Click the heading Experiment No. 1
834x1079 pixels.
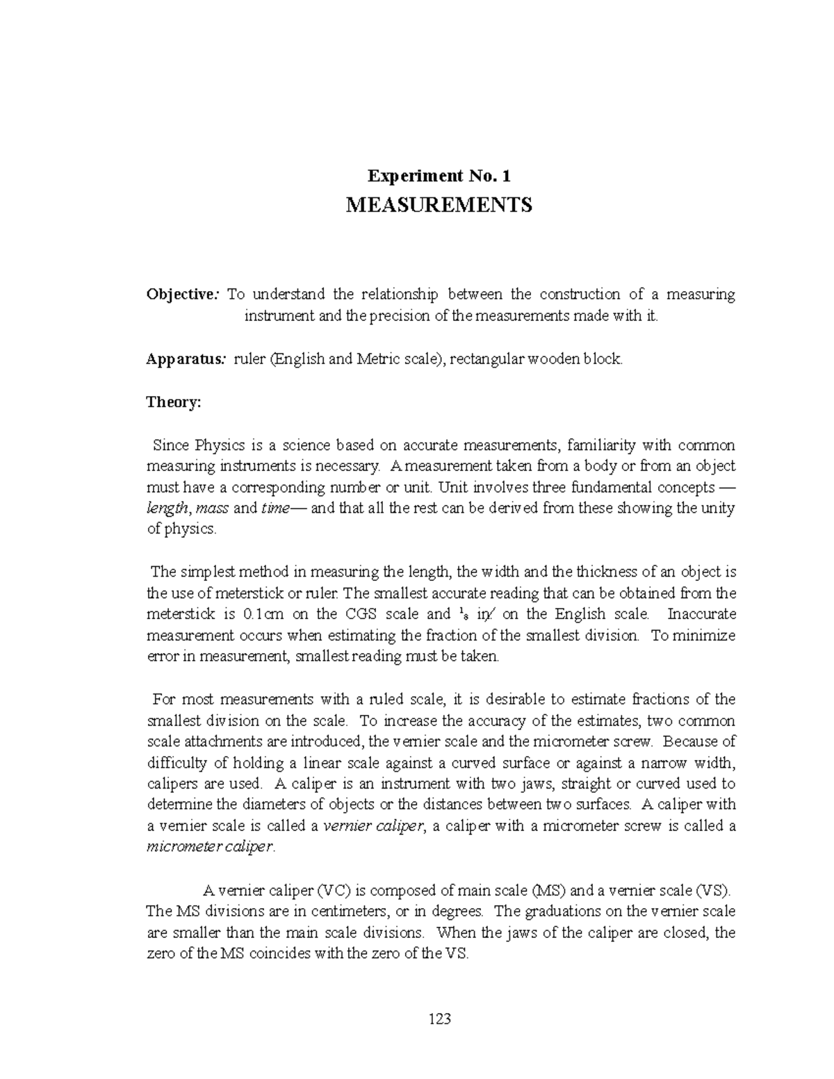(440, 176)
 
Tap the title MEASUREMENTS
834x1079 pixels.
(439, 205)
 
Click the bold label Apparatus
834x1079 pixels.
(185, 360)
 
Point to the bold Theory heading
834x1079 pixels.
(173, 402)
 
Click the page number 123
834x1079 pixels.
(440, 1019)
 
